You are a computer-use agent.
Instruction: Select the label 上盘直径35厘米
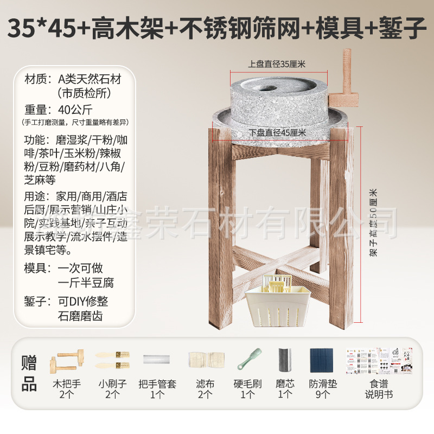coord(277,64)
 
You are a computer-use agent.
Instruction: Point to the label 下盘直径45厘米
coord(278,132)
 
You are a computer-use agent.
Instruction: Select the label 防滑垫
coord(323,384)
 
